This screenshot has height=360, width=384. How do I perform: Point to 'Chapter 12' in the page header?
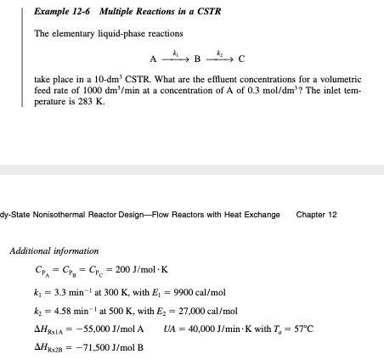[x=317, y=215]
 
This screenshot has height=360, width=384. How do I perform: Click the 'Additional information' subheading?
[x=54, y=251]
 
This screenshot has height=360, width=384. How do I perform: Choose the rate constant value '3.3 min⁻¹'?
[x=61, y=290]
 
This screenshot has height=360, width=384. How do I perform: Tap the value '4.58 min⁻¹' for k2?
[x=63, y=310]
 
